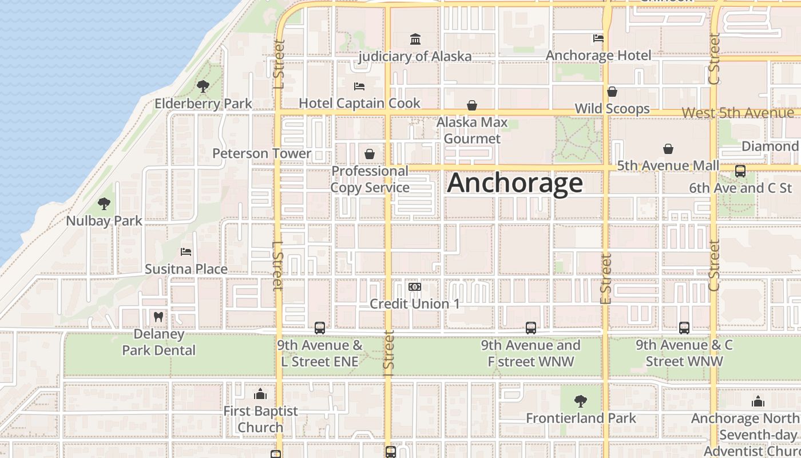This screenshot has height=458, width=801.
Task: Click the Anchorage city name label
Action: [515, 183]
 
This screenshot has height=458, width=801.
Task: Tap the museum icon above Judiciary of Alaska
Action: [415, 39]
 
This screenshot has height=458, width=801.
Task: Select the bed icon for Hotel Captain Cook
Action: [359, 86]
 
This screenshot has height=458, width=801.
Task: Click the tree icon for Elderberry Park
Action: [203, 86]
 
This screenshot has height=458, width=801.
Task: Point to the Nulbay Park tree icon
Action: [104, 203]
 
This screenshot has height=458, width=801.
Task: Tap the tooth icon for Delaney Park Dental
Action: [158, 317]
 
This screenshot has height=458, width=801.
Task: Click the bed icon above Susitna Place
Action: [186, 251]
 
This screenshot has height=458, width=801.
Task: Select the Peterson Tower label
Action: [261, 153]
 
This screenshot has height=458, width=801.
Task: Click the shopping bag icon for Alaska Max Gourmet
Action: [472, 105]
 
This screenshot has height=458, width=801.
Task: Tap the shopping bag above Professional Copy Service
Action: [370, 154]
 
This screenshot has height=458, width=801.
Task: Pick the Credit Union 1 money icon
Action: [415, 286]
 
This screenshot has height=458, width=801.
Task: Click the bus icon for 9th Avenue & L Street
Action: [320, 328]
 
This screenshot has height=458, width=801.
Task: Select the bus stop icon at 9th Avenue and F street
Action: [531, 328]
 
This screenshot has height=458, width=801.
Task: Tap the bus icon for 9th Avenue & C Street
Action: [684, 328]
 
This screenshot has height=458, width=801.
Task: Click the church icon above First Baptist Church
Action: [260, 394]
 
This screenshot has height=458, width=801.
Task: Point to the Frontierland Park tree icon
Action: [581, 401]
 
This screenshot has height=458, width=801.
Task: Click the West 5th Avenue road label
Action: [737, 113]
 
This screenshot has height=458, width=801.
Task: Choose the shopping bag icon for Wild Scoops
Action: [612, 92]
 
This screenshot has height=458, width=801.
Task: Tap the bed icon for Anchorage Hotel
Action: [598, 38]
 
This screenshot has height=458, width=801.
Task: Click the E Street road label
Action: [606, 279]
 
